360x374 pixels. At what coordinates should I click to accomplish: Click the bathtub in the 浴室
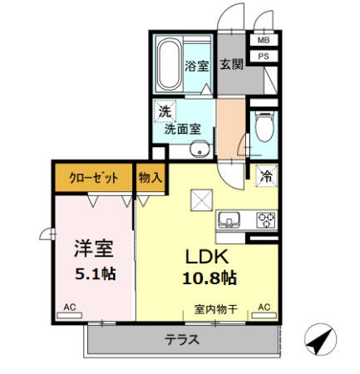[169, 65]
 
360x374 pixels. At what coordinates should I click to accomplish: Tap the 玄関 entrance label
[231, 64]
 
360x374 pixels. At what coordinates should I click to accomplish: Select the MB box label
[264, 41]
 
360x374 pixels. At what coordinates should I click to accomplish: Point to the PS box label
[264, 57]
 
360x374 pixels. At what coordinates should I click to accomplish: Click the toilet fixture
[264, 126]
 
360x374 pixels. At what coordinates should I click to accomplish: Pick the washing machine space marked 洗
[165, 111]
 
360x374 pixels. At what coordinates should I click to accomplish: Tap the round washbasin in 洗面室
[200, 149]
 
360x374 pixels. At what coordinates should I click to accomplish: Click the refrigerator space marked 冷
[266, 176]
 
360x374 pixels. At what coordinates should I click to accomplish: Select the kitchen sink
[229, 220]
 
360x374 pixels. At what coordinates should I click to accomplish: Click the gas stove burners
[266, 220]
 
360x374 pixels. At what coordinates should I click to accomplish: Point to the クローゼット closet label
[94, 178]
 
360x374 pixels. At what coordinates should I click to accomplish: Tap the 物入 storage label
[150, 177]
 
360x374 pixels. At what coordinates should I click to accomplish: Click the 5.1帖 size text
[96, 274]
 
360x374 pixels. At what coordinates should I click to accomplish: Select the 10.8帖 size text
[210, 278]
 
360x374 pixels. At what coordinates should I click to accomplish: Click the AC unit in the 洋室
[69, 315]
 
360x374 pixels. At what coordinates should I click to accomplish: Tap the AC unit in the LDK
[264, 315]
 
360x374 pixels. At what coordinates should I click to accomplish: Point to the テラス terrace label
[182, 340]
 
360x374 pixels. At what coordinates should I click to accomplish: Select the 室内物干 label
[216, 309]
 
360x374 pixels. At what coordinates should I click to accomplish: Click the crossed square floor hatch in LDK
[201, 200]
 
